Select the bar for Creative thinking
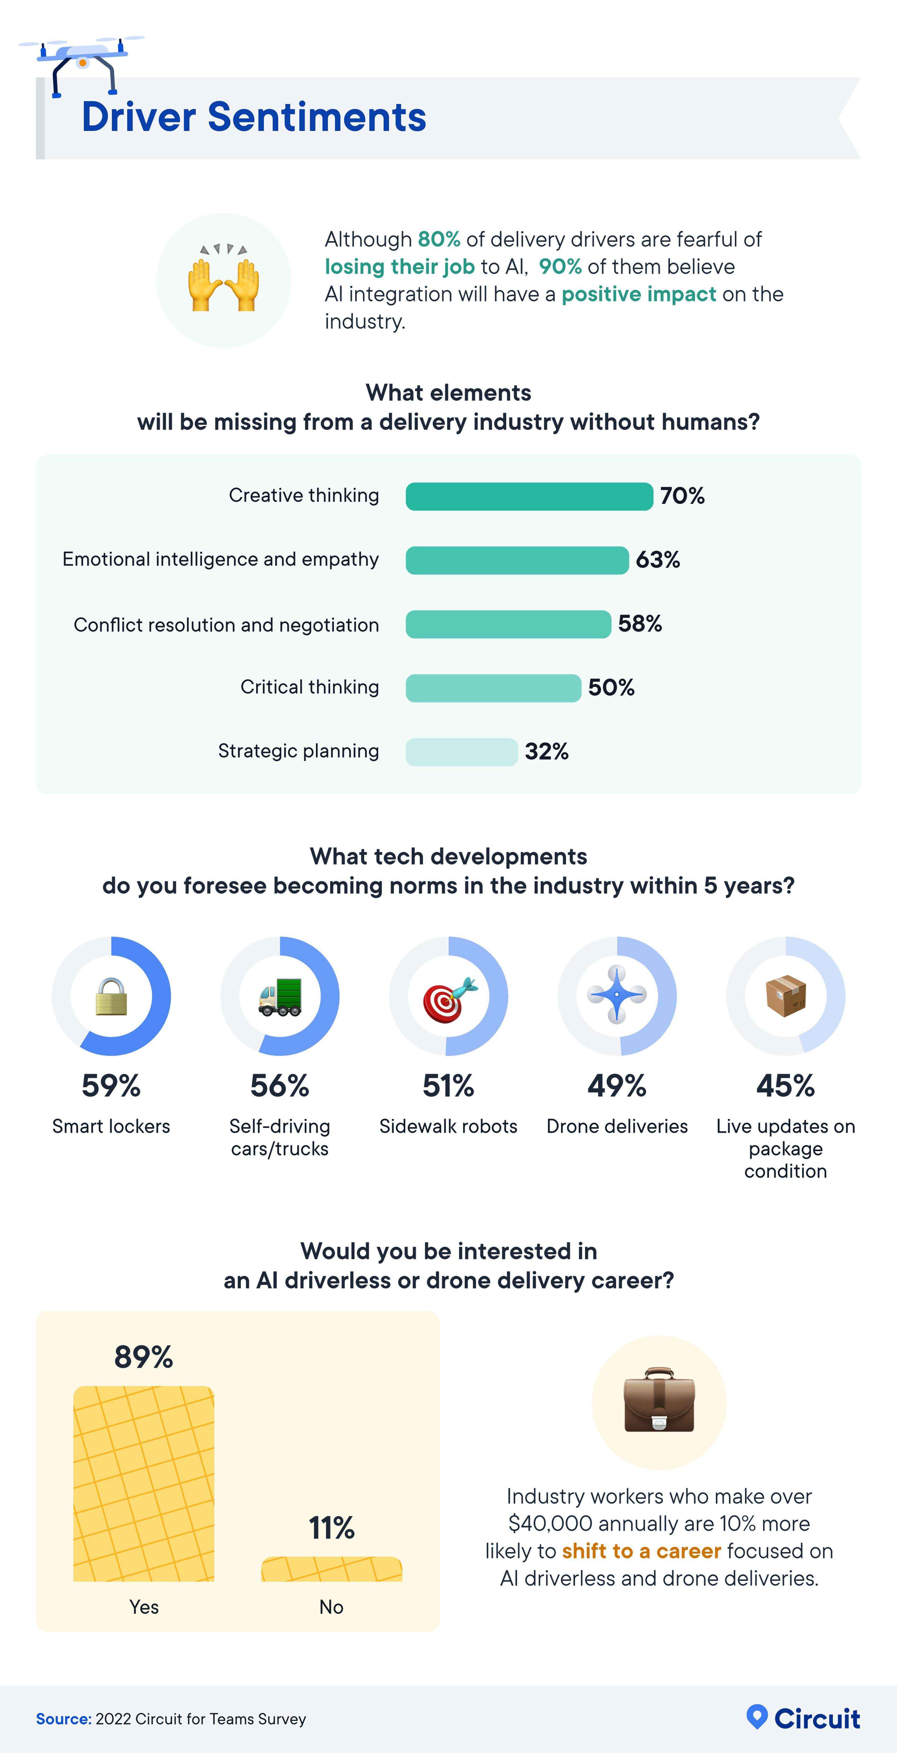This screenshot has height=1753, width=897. (529, 496)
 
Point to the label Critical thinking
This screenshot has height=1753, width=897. (310, 687)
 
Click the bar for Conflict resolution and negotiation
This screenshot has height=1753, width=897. (508, 624)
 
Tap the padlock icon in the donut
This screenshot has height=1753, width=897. (111, 996)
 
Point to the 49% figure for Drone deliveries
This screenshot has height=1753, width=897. (617, 1086)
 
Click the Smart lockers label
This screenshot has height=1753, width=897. (111, 1126)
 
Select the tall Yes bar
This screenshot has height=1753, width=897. (144, 1483)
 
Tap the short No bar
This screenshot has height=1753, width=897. (331, 1568)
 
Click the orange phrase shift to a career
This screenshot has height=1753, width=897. (641, 1551)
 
